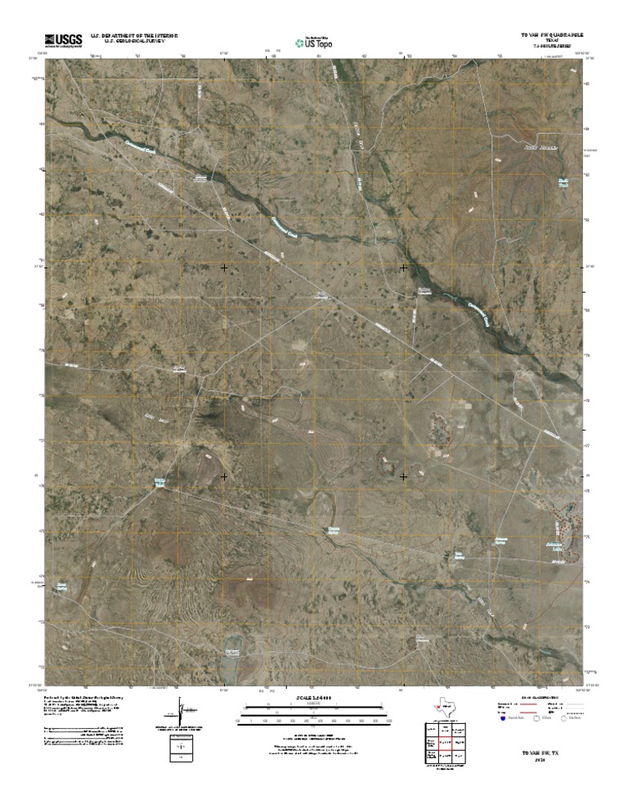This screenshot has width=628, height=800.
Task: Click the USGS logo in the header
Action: tap(64, 38)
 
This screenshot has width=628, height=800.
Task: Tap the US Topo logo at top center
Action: tap(314, 42)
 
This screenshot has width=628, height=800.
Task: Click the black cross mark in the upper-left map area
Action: tap(224, 267)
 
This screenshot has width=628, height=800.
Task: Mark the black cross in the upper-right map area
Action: tap(403, 267)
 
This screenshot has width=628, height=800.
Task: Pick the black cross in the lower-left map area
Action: tap(224, 476)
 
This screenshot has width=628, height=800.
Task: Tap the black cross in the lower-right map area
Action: tap(403, 476)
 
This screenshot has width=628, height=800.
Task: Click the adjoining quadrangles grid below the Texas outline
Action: tap(442, 744)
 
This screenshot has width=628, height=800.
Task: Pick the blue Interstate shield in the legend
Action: tap(501, 718)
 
